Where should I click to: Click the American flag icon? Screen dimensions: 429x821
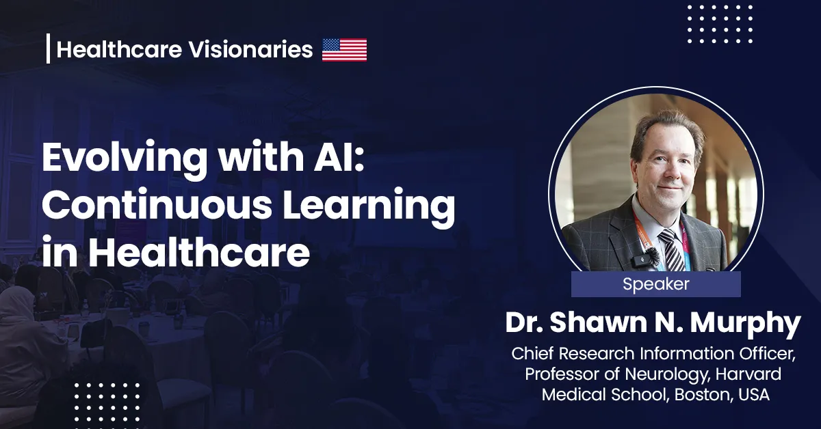click(x=344, y=50)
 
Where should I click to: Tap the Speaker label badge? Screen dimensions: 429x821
click(x=655, y=284)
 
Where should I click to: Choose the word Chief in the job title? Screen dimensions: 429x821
click(x=530, y=355)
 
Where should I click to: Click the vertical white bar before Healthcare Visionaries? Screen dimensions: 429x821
click(x=49, y=49)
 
